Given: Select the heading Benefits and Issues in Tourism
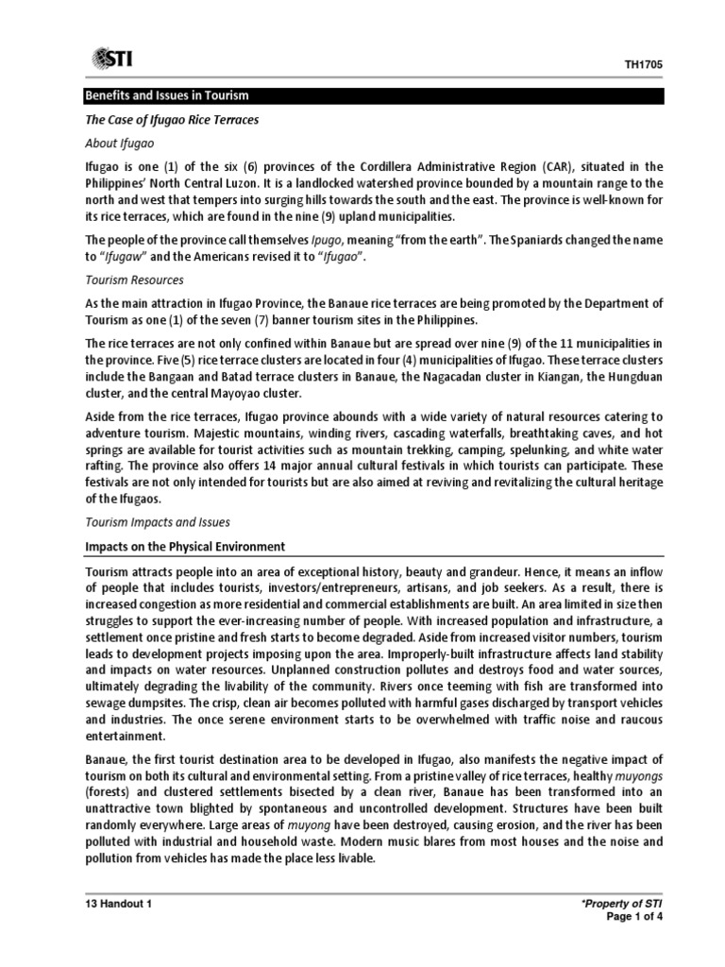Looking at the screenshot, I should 167,96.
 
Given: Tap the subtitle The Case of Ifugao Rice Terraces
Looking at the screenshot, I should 172,120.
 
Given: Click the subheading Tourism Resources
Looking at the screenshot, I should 134,280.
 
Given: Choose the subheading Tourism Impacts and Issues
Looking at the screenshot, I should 158,521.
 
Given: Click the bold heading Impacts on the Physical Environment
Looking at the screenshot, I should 185,547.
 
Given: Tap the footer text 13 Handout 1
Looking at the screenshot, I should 119,904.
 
